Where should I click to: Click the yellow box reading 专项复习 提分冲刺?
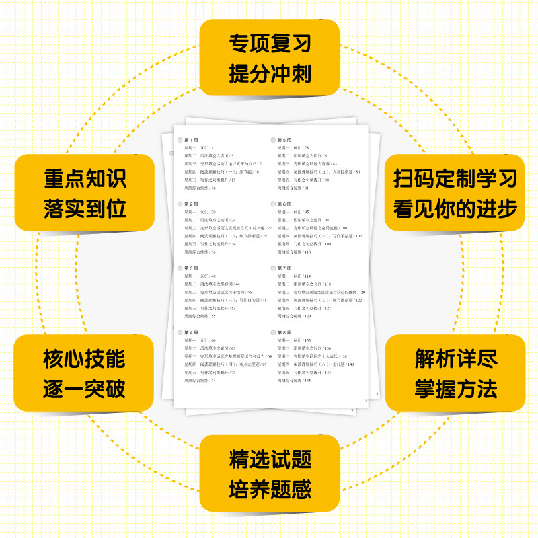pyautogui.click(x=270, y=59)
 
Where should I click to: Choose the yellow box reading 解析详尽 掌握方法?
pyautogui.click(x=455, y=373)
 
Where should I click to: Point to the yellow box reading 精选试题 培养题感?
pyautogui.click(x=270, y=474)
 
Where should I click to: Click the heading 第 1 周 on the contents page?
pyautogui.click(x=191, y=139)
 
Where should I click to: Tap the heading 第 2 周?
pyautogui.click(x=191, y=204)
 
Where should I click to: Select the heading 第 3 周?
pyautogui.click(x=191, y=268)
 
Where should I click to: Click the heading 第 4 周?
pyautogui.click(x=191, y=333)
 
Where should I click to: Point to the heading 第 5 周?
pyautogui.click(x=284, y=139)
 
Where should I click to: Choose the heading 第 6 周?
pyautogui.click(x=284, y=204)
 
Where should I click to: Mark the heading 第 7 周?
pyautogui.click(x=284, y=268)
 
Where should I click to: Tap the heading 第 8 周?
pyautogui.click(x=284, y=333)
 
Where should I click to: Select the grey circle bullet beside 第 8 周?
pyautogui.click(x=274, y=333)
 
